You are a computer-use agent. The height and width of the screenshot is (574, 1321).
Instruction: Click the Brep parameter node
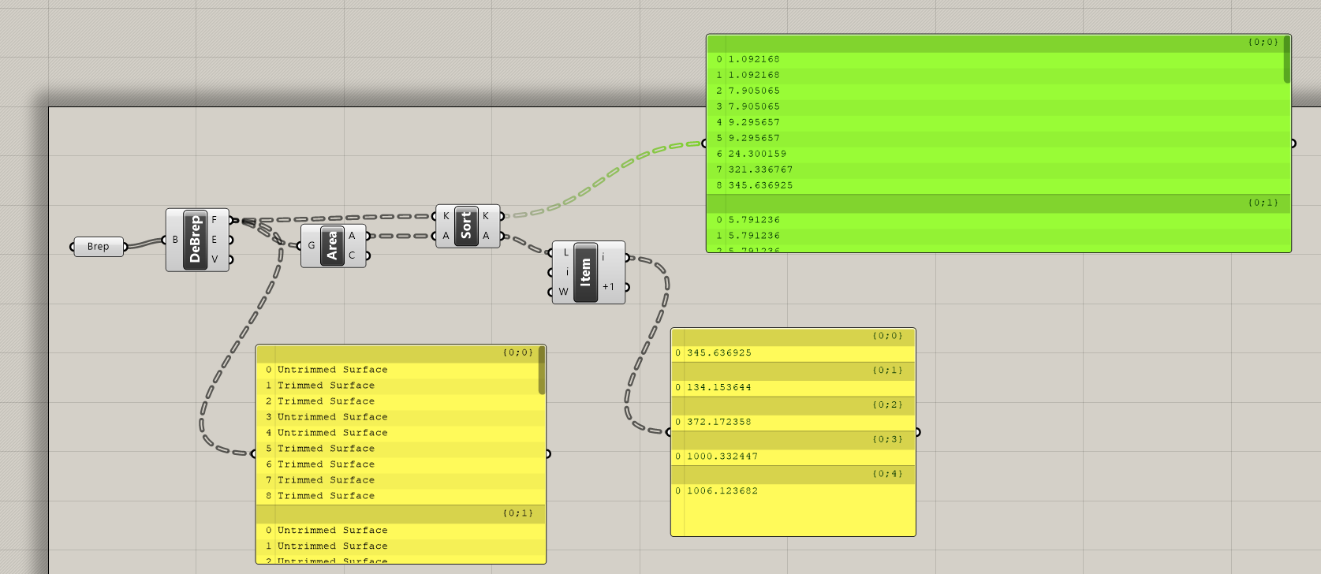pyautogui.click(x=99, y=247)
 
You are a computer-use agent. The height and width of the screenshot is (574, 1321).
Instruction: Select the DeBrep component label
pyautogui.click(x=195, y=240)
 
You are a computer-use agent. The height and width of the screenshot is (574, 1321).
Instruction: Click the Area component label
pyautogui.click(x=332, y=245)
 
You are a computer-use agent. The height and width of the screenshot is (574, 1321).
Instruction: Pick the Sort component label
pyautogui.click(x=466, y=225)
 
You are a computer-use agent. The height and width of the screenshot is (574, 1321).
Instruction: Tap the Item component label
pyautogui.click(x=585, y=272)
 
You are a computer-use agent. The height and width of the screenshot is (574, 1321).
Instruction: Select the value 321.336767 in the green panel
pyautogui.click(x=760, y=170)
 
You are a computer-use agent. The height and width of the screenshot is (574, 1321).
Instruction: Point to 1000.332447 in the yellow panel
pyautogui.click(x=722, y=457)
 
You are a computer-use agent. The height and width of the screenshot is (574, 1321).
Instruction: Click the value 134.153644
pyautogui.click(x=718, y=387)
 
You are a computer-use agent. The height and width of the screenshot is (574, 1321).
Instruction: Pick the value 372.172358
pyautogui.click(x=718, y=422)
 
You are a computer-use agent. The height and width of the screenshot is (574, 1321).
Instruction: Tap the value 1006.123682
pyautogui.click(x=722, y=490)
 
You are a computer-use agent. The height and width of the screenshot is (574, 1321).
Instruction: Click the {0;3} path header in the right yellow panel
pyautogui.click(x=887, y=439)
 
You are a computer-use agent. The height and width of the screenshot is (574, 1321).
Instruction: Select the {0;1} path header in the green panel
pyautogui.click(x=1263, y=203)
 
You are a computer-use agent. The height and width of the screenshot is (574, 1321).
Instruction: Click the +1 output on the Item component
pyautogui.click(x=608, y=287)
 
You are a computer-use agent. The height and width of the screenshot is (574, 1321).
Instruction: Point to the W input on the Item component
pyautogui.click(x=563, y=292)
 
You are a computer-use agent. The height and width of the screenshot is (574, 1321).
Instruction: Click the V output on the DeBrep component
pyautogui.click(x=215, y=259)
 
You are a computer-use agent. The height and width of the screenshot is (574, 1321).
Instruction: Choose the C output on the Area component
pyautogui.click(x=352, y=255)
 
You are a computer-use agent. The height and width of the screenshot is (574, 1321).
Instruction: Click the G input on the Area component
pyautogui.click(x=312, y=245)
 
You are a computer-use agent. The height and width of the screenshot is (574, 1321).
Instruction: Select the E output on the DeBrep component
pyautogui.click(x=215, y=240)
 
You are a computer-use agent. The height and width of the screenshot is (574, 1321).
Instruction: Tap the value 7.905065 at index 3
pyautogui.click(x=754, y=106)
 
